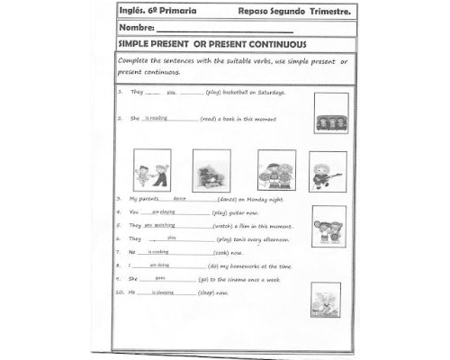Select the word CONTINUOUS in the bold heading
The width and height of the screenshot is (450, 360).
pos(278,43)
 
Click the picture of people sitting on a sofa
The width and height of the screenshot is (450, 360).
pos(331,113)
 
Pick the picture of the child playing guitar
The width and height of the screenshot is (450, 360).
pos(328,171)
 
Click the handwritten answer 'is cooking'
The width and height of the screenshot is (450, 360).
pos(158,252)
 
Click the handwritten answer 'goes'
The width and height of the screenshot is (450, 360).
pos(160,278)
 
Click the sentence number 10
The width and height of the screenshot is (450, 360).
pos(121,292)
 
